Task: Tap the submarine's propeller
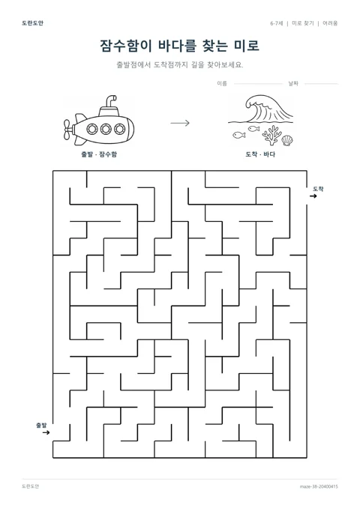tap(67, 130)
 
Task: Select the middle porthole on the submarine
tap(106, 129)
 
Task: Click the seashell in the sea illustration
tap(287, 140)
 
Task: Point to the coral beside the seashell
tap(271, 136)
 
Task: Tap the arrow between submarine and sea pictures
tap(180, 123)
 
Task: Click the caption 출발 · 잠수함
tap(99, 154)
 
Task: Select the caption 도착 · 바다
tap(260, 154)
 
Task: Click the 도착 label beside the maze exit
tap(318, 189)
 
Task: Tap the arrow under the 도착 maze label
tap(313, 196)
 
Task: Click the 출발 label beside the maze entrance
tap(41, 425)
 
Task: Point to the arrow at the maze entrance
tap(46, 432)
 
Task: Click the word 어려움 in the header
tap(330, 23)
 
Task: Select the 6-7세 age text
tap(277, 23)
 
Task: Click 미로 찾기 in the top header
tap(303, 23)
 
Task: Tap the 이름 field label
tap(222, 84)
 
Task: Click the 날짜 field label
tap(293, 84)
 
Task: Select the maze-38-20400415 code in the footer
tap(319, 486)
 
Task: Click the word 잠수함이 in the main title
tap(126, 46)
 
